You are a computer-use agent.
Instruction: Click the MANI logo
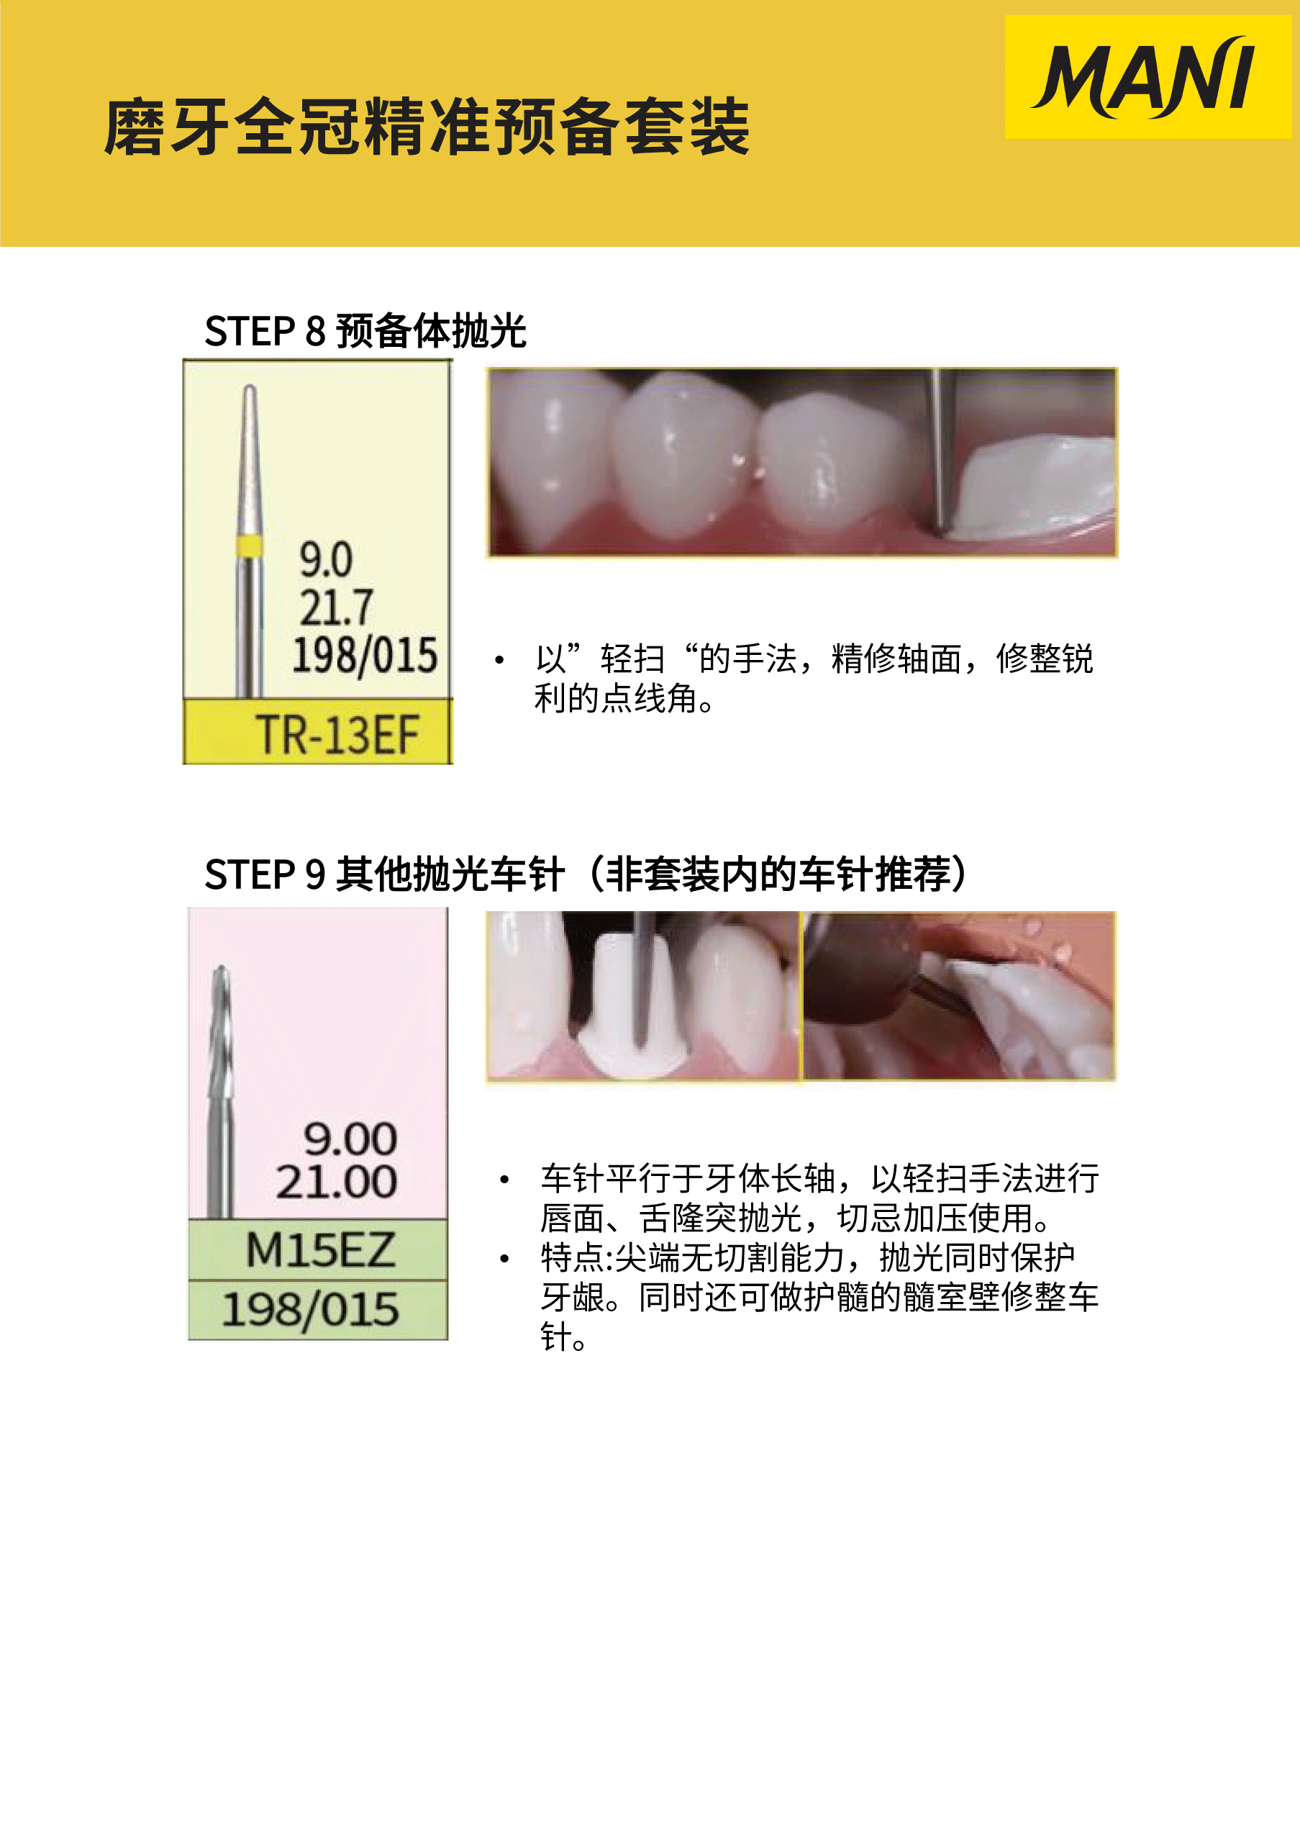click(1145, 77)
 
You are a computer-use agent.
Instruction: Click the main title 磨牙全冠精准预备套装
click(427, 127)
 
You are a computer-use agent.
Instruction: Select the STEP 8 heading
click(365, 330)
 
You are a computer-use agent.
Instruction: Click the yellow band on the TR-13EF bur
click(249, 546)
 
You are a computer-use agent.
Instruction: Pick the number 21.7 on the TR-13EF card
click(336, 606)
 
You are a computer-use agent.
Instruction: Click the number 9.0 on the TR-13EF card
click(326, 559)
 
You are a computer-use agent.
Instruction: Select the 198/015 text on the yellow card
click(364, 655)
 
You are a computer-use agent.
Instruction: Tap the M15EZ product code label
click(319, 1250)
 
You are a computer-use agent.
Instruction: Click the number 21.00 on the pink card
click(336, 1182)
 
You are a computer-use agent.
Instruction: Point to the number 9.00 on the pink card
click(350, 1139)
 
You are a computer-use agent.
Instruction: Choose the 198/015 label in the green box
click(310, 1310)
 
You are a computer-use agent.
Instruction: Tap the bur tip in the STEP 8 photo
click(942, 528)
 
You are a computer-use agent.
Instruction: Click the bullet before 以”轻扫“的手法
click(499, 661)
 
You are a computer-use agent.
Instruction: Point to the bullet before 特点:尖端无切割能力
click(504, 1260)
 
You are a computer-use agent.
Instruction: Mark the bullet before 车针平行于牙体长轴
click(504, 1180)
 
